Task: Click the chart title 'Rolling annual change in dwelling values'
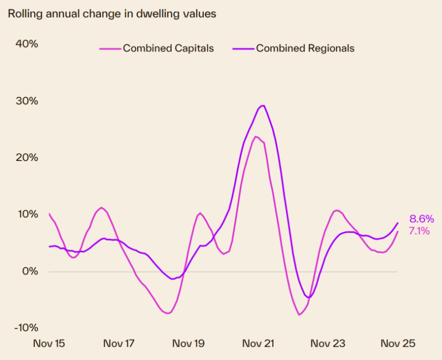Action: pyautogui.click(x=111, y=14)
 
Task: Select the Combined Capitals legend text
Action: pyautogui.click(x=168, y=48)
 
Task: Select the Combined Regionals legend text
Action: pyautogui.click(x=305, y=48)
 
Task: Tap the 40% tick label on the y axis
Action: pyautogui.click(x=26, y=44)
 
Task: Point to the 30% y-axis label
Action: pyautogui.click(x=26, y=101)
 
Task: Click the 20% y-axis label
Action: pyautogui.click(x=26, y=158)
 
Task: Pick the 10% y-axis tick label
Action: pyautogui.click(x=26, y=214)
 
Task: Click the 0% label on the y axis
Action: pyautogui.click(x=28, y=271)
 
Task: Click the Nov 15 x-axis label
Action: pyautogui.click(x=49, y=343)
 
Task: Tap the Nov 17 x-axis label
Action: pyautogui.click(x=119, y=343)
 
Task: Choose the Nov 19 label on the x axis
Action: pyautogui.click(x=188, y=343)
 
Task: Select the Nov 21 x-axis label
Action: pyautogui.click(x=258, y=343)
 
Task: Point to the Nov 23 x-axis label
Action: pyautogui.click(x=328, y=343)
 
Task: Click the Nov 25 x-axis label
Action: pyautogui.click(x=397, y=343)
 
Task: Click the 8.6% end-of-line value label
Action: pyautogui.click(x=422, y=218)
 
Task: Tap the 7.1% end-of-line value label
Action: pyautogui.click(x=419, y=231)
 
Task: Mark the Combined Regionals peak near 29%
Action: pyautogui.click(x=263, y=106)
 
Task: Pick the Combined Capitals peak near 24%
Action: pyautogui.click(x=256, y=136)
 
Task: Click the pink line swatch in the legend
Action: pyautogui.click(x=110, y=49)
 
